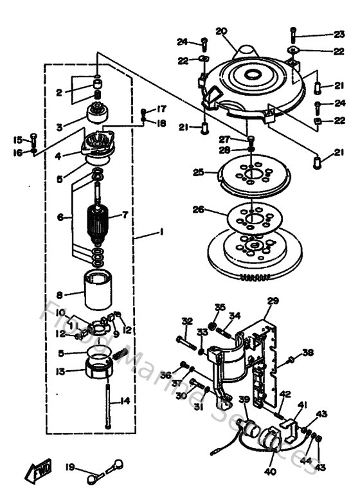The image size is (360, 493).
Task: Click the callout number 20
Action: (222, 30)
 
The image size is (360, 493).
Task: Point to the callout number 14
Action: (125, 400)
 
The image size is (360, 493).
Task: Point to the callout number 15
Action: (17, 138)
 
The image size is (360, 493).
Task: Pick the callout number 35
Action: (220, 307)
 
